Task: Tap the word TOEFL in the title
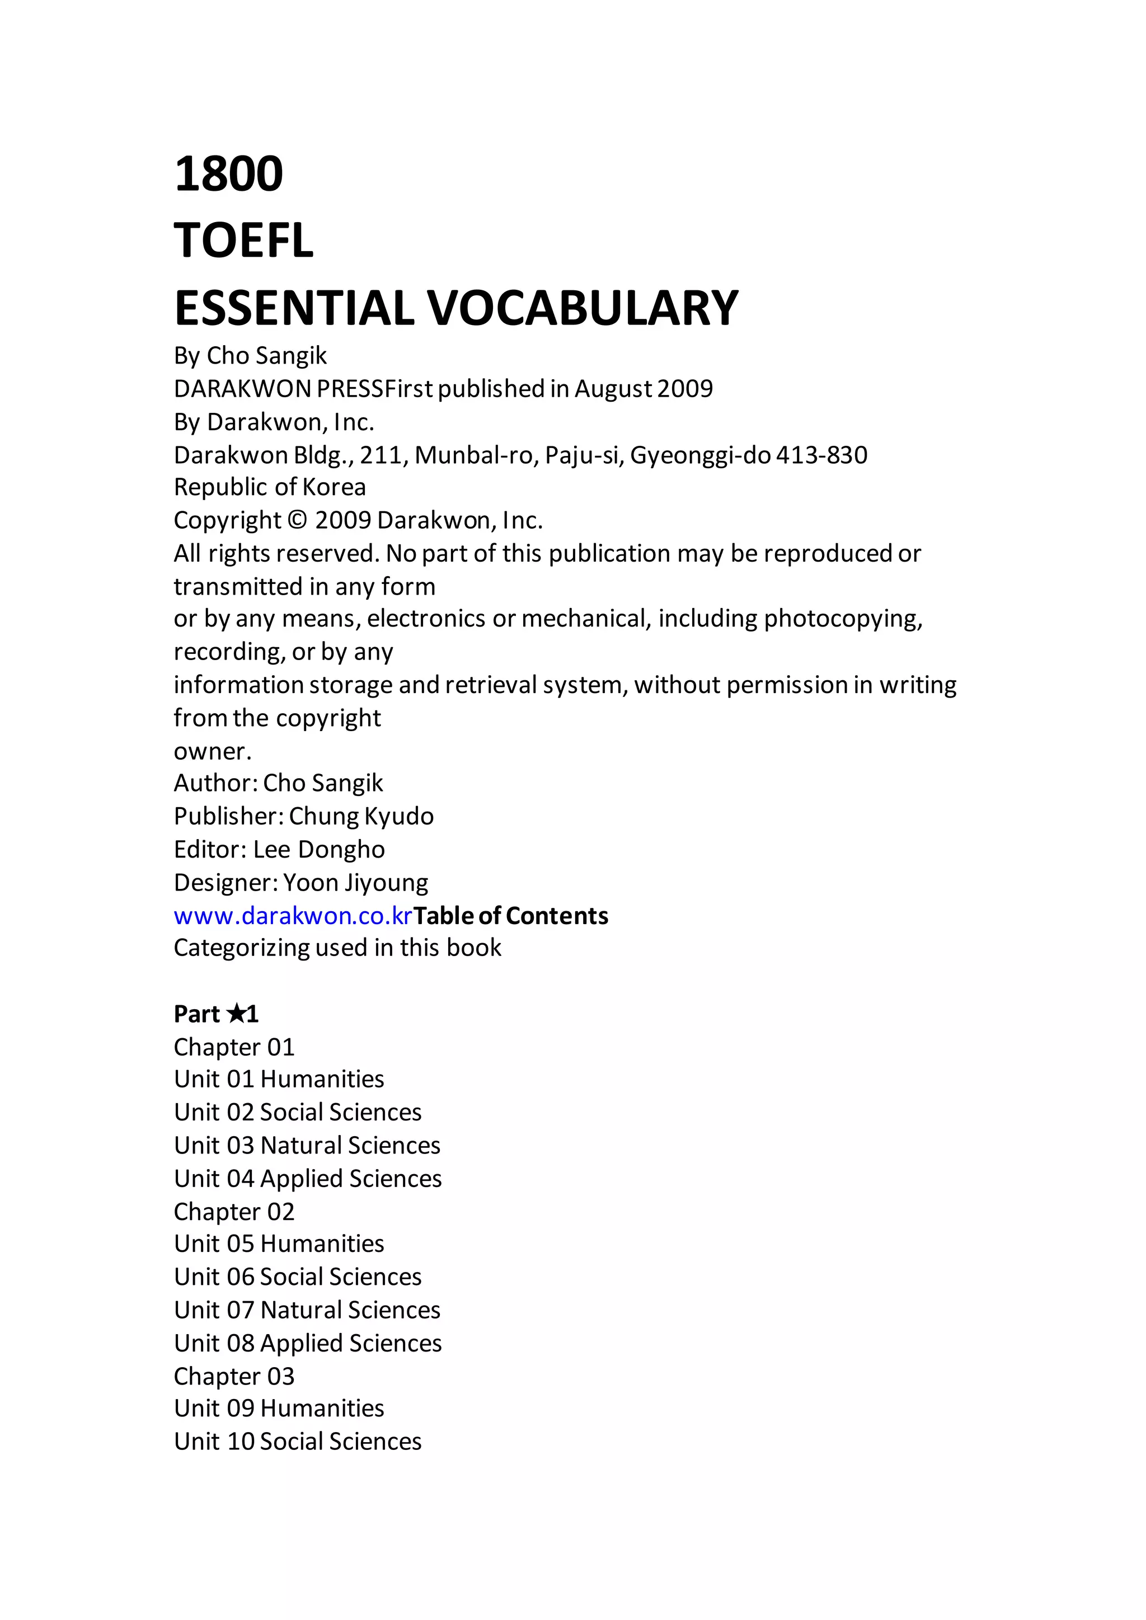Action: point(243,241)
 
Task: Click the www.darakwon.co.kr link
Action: point(293,916)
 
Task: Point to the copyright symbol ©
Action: point(298,521)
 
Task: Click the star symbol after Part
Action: point(237,1014)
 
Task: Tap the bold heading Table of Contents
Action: point(511,916)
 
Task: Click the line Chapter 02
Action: point(233,1212)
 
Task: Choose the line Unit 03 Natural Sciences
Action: point(307,1145)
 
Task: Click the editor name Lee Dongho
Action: point(319,850)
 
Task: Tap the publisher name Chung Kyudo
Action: point(361,816)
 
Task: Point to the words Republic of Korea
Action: point(270,487)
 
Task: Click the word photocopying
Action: point(843,619)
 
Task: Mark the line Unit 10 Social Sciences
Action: point(298,1442)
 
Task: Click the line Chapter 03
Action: point(233,1376)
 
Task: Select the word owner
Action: point(212,751)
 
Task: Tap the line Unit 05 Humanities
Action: point(279,1244)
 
